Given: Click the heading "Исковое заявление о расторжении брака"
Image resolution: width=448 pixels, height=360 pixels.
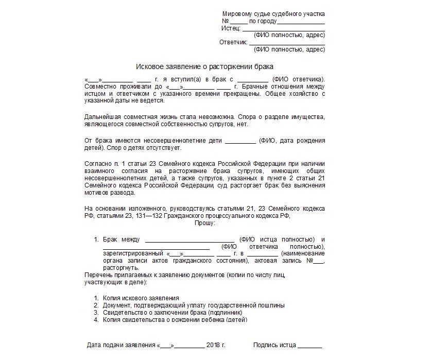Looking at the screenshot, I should [x=205, y=66].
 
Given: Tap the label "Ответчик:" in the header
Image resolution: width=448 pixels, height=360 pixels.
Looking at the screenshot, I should [x=233, y=42].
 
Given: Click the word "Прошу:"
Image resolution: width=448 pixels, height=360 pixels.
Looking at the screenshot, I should [x=205, y=223].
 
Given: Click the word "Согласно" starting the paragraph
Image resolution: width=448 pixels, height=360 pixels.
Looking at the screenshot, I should [x=96, y=163].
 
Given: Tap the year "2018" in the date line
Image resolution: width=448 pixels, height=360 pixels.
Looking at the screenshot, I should [x=212, y=345].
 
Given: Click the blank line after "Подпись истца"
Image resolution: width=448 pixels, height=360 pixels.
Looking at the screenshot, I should [x=309, y=345].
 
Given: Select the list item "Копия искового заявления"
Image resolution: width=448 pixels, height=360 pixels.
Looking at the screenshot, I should [x=141, y=298].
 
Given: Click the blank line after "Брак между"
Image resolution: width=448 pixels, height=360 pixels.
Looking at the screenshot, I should [x=189, y=239].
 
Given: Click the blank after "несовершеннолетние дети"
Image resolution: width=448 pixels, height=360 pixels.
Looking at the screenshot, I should [x=240, y=140].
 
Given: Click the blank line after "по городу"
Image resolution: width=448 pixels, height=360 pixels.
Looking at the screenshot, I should [x=301, y=21].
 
